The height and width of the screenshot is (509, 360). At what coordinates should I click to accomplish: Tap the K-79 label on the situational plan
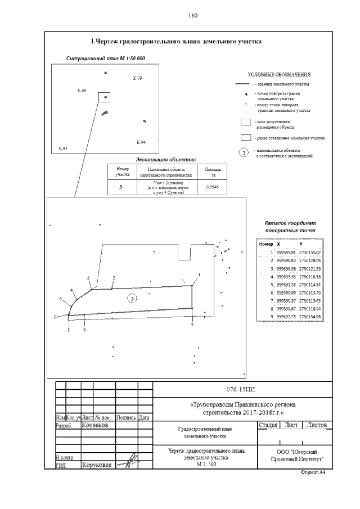[137, 78]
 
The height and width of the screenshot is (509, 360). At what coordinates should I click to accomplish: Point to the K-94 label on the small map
[141, 141]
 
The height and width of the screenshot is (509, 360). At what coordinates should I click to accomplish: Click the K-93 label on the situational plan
[62, 148]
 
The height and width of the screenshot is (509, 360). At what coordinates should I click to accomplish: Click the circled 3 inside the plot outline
[132, 300]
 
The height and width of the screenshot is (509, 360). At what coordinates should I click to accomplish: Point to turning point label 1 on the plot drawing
[199, 274]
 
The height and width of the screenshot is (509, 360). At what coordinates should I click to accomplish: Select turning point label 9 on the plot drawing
[192, 325]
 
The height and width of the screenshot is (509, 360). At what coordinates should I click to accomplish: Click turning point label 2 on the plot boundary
[114, 278]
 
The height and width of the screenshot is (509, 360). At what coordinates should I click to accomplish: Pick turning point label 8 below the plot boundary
[84, 330]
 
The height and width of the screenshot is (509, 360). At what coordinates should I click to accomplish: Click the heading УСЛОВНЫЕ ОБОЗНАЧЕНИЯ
[279, 74]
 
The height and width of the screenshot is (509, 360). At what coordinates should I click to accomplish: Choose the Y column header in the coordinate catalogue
[301, 245]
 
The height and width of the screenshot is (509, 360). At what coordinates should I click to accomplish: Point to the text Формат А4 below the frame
[314, 472]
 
